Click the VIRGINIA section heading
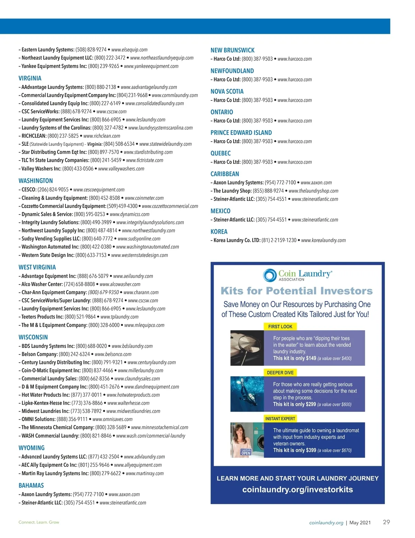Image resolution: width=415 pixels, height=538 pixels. (30, 78)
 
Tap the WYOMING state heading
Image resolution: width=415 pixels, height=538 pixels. (31, 448)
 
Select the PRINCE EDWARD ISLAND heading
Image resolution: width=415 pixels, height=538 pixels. (241, 133)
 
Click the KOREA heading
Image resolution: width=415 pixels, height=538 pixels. (219, 232)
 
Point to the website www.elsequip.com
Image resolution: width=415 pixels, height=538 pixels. (129, 50)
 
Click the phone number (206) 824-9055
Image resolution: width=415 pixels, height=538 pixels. (53, 190)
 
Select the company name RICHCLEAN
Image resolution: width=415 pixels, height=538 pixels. (34, 136)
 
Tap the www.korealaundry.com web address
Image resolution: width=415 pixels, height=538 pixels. (323, 240)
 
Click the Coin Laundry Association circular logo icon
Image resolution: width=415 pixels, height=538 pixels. (269, 275)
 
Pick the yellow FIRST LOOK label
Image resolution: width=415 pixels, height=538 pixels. (280, 327)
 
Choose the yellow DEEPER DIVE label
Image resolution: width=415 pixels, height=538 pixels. (280, 373)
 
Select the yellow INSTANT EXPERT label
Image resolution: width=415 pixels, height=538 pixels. (280, 419)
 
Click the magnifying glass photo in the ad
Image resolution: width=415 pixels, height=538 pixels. (247, 348)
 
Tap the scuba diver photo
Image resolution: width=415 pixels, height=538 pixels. (247, 394)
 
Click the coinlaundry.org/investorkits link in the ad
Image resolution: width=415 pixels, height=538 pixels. (297, 490)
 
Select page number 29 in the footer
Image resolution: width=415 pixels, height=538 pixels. (386, 522)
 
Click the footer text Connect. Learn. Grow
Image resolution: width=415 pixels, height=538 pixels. (39, 522)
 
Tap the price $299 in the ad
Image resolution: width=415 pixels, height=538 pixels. (311, 404)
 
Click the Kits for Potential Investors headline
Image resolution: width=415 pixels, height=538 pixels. (297, 291)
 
